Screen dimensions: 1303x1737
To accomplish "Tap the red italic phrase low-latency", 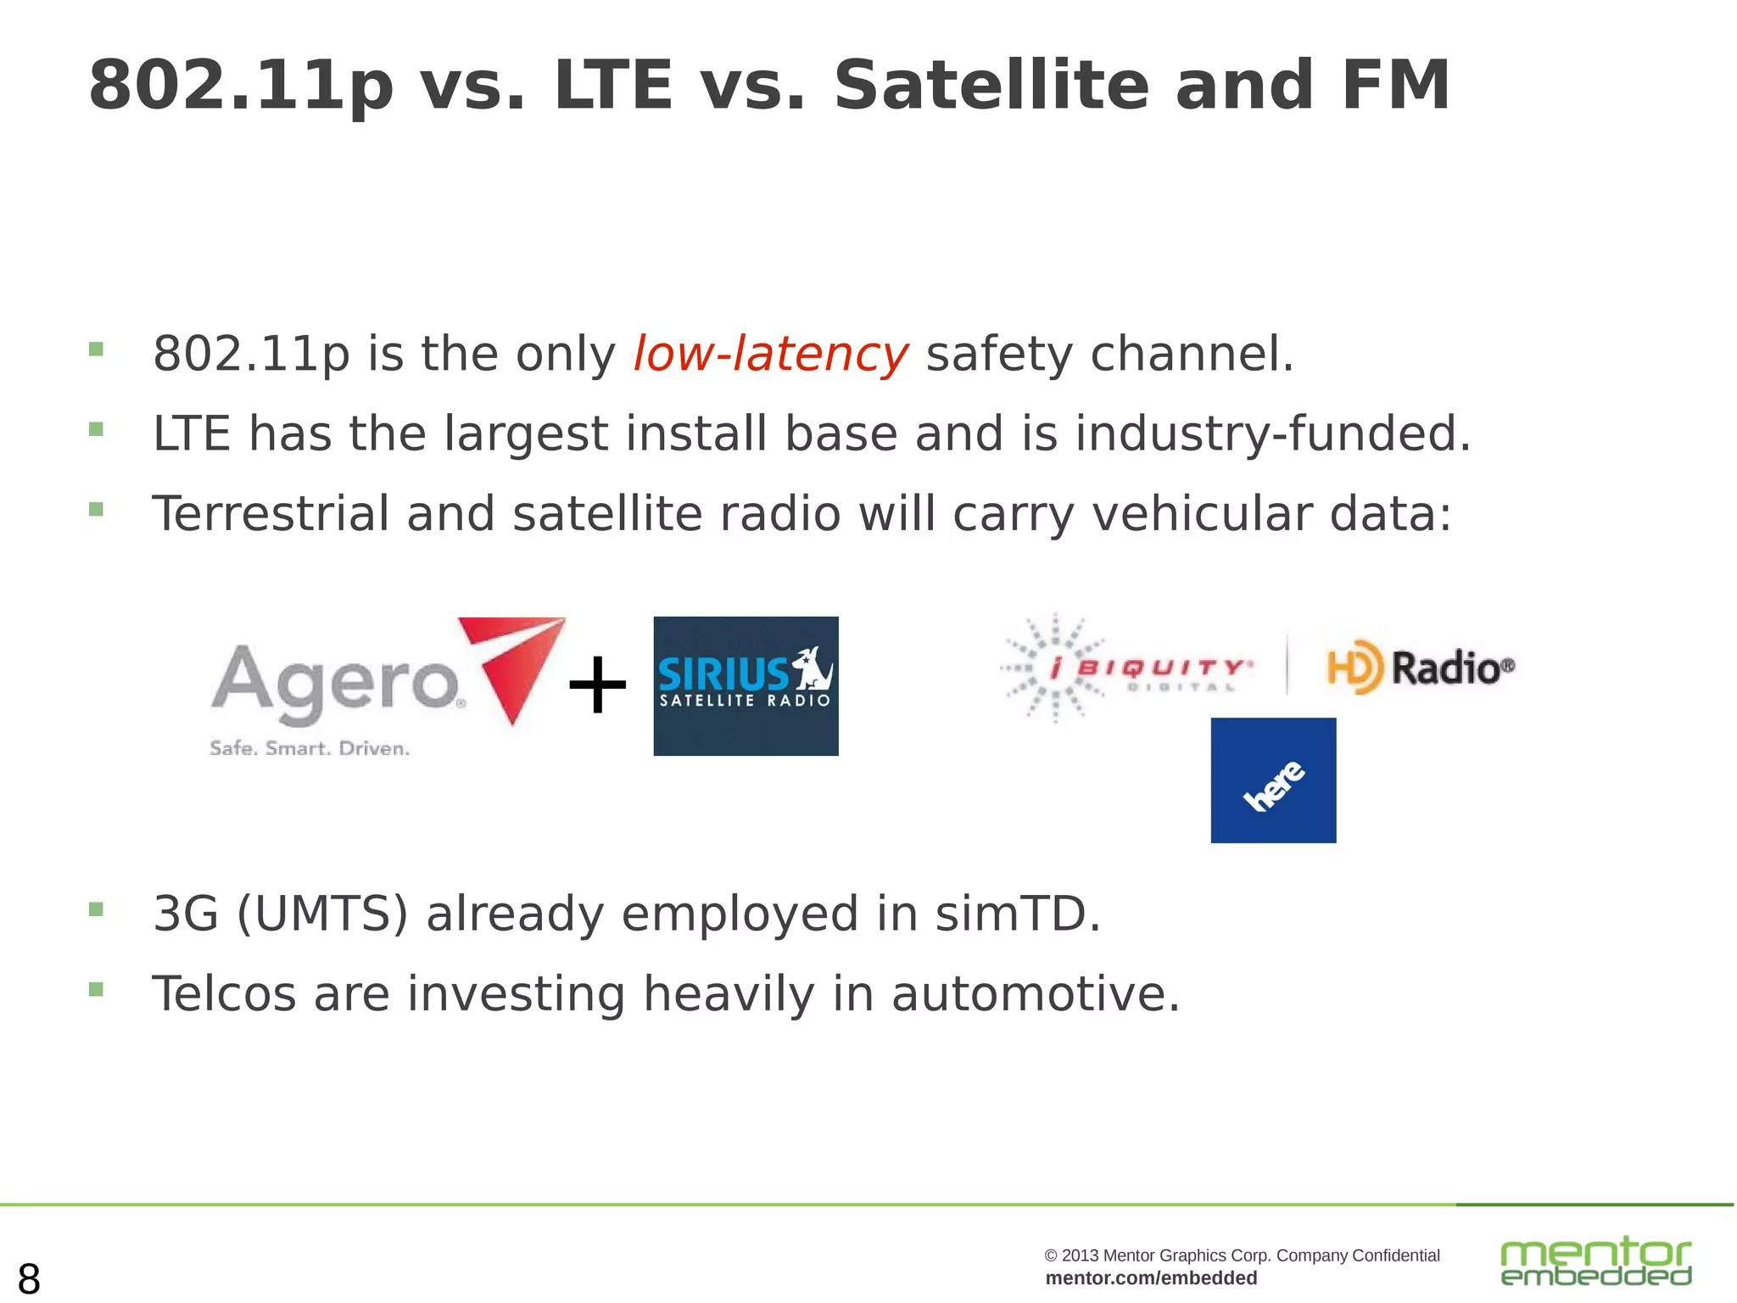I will (x=770, y=354).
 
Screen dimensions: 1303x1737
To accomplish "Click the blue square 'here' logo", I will (x=1273, y=780).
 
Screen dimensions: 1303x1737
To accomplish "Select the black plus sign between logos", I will (x=597, y=685).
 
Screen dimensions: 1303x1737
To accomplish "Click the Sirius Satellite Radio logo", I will (x=746, y=685).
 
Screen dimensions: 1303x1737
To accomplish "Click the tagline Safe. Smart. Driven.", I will (x=310, y=748).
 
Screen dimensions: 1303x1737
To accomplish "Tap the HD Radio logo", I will (x=1421, y=667).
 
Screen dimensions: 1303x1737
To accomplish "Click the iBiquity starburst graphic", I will (x=1054, y=668).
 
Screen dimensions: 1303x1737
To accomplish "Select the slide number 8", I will (x=29, y=1278).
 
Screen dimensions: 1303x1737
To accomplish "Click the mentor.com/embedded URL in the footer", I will (x=1151, y=1278).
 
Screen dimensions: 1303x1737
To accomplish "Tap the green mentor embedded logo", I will (x=1595, y=1261).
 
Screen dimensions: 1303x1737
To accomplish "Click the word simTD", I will (x=1017, y=914).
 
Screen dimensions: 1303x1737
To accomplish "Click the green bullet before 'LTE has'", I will (x=96, y=429).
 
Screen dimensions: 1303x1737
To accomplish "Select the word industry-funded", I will (x=1272, y=433).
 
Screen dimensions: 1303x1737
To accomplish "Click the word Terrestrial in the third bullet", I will (x=270, y=514).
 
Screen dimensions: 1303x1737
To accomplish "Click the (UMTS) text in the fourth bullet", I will (x=322, y=914).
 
